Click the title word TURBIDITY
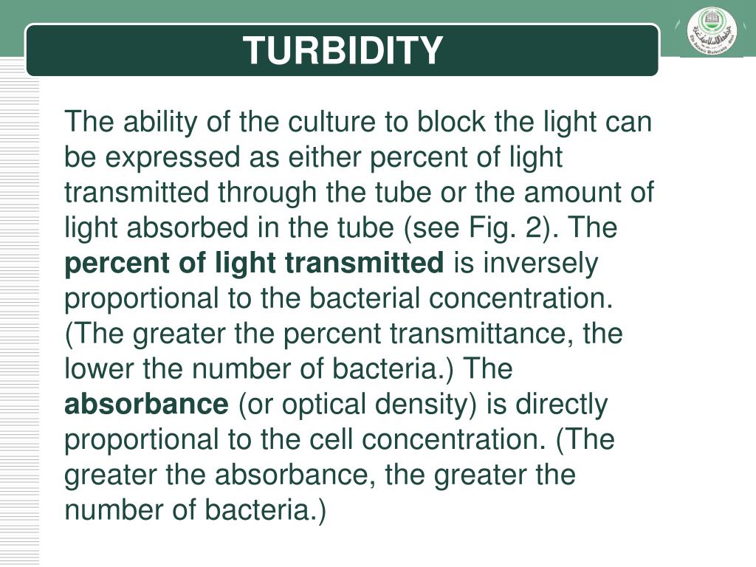tap(343, 50)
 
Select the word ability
tap(160, 122)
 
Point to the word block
tap(452, 121)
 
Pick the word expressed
tap(172, 158)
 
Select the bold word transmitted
tap(364, 263)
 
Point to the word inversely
tap(540, 264)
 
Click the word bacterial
tap(365, 298)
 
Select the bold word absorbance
tap(147, 404)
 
